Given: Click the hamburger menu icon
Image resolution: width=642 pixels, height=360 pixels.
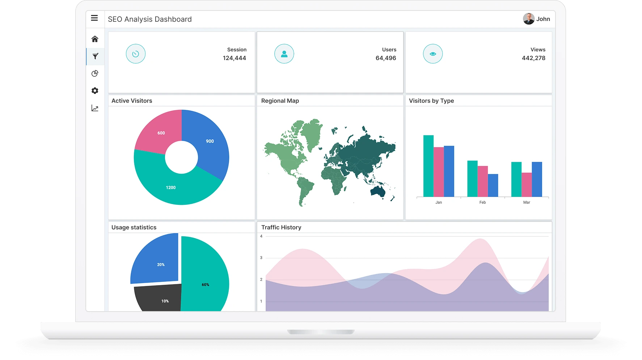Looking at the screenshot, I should (94, 18).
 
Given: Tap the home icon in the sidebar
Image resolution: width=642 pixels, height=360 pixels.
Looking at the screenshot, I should (95, 39).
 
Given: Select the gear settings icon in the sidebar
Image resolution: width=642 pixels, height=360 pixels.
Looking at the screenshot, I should (95, 91).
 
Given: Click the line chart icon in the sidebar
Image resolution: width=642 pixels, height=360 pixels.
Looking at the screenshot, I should (95, 108).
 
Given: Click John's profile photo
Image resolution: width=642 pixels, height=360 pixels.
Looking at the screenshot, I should (528, 19).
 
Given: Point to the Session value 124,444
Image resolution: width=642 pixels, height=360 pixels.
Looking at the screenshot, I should (234, 58).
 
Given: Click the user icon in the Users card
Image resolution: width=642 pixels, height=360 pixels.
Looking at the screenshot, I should (284, 54).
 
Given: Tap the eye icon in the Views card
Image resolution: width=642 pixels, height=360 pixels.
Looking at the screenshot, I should (432, 54).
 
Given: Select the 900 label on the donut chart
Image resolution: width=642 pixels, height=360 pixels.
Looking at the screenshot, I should (210, 141).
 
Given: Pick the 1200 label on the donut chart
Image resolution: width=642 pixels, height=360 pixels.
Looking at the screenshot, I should (171, 187).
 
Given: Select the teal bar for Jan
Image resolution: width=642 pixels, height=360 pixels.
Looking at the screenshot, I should (428, 166).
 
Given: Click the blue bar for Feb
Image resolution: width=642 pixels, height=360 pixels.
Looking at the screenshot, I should (493, 185).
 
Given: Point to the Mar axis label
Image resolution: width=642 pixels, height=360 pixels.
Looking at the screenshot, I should (527, 202).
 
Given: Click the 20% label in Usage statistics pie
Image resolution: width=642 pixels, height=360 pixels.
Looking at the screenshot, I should (161, 264).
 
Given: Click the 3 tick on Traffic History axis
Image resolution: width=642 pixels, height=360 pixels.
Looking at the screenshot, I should (261, 258).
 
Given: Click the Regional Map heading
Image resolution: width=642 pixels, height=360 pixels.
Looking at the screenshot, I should (280, 101).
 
